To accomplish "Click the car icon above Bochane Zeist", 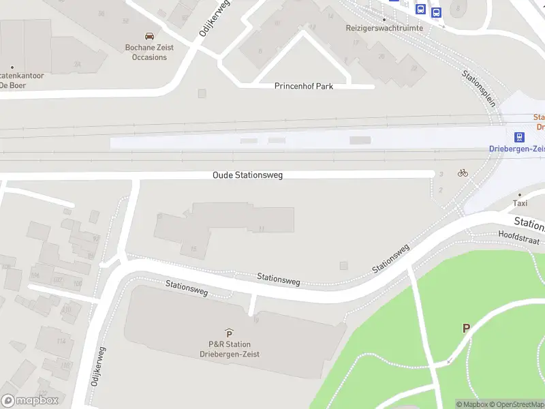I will point(149,36).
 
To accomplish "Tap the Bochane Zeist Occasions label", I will point(149,52).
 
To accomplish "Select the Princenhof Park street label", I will point(304,87).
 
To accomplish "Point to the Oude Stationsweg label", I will point(247,175).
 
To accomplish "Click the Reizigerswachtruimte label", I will point(384,28).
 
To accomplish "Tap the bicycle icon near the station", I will point(463,172).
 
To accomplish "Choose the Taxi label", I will point(520,203).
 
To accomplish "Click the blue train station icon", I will point(520,137).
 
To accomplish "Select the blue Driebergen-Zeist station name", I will point(516,149).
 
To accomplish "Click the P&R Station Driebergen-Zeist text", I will point(230,349).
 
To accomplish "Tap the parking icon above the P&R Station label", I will point(230,333).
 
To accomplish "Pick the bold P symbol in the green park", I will point(467,328).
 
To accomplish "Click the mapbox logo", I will point(29,401).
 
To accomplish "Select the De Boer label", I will point(12,85).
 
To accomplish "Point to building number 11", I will point(262,228).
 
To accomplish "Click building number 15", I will point(193,249).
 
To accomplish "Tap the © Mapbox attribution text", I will point(472,405).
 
